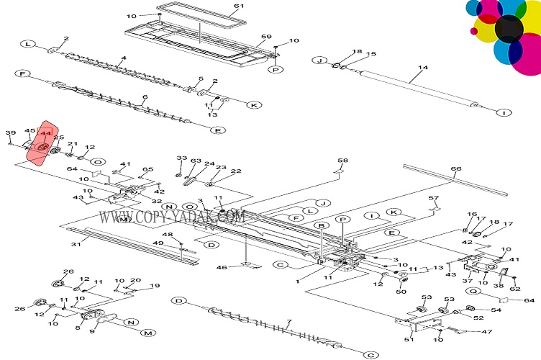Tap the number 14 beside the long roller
[x=422, y=68]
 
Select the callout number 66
[x=455, y=170]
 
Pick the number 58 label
[x=342, y=160]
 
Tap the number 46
[x=222, y=267]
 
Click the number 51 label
[x=409, y=339]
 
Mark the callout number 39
[x=10, y=132]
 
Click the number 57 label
[x=433, y=198]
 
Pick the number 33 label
[x=181, y=158]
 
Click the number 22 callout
[x=235, y=171]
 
